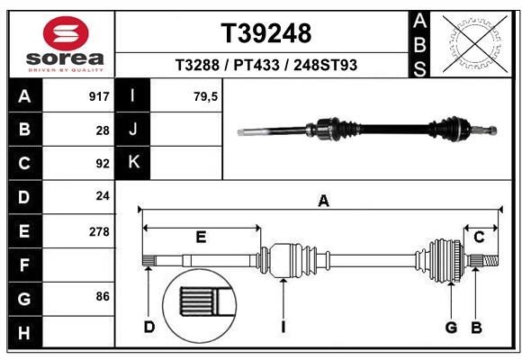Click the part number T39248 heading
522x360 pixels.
(x=266, y=33)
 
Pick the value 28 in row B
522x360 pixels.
(x=103, y=130)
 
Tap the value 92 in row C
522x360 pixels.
(x=103, y=164)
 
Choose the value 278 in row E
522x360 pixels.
(x=99, y=231)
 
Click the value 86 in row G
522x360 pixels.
(x=103, y=296)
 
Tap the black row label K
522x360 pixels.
(x=133, y=163)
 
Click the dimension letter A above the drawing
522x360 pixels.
(x=323, y=202)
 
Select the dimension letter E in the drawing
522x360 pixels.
(x=201, y=237)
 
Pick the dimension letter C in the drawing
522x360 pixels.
(x=480, y=237)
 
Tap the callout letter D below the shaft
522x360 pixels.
(x=149, y=327)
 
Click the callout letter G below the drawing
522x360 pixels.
(x=451, y=327)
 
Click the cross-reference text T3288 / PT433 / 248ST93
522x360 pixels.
(x=266, y=65)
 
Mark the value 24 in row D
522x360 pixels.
(x=103, y=197)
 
